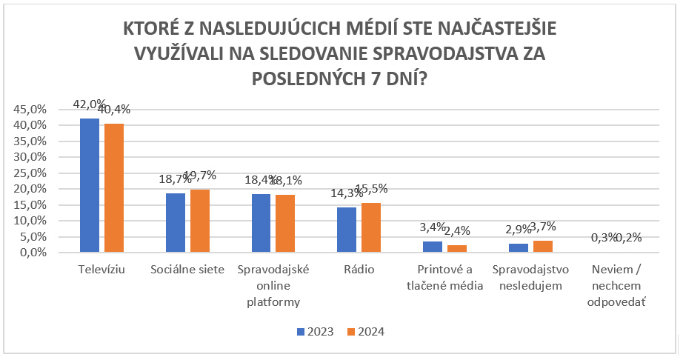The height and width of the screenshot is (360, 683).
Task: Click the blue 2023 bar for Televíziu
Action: tap(89, 185)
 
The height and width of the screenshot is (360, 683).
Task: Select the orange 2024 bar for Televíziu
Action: tap(113, 188)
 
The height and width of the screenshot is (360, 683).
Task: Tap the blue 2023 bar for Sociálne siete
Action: tap(175, 222)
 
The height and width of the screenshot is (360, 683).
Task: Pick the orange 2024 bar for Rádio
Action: tap(371, 227)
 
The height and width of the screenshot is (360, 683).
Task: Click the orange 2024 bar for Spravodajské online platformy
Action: tap(285, 223)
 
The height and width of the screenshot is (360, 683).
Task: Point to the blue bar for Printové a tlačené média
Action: tap(433, 247)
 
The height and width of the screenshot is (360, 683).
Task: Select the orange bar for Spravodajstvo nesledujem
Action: tap(543, 246)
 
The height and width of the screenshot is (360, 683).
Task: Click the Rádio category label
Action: tap(359, 270)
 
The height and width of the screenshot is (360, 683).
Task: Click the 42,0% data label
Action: tap(89, 104)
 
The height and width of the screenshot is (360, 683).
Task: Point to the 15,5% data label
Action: tap(371, 189)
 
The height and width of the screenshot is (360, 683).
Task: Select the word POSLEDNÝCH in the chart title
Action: tap(311, 78)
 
